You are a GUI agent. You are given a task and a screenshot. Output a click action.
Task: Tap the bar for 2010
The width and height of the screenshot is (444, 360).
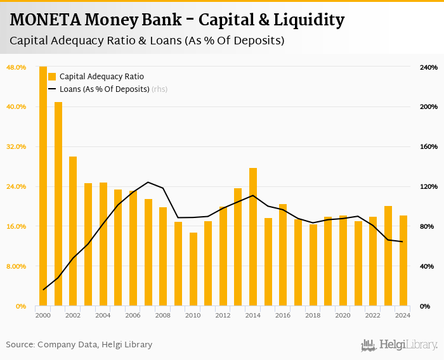click(193, 269)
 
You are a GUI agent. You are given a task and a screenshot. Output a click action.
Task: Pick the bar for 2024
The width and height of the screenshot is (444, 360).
click(403, 260)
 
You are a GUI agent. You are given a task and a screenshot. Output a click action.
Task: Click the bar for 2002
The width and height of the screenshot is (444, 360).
click(73, 231)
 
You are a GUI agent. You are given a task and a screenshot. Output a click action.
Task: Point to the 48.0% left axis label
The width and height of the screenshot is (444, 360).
click(16, 67)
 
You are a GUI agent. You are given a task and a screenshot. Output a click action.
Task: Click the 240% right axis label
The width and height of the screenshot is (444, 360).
click(429, 67)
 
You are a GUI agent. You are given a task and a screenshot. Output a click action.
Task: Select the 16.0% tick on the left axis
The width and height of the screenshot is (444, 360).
click(16, 226)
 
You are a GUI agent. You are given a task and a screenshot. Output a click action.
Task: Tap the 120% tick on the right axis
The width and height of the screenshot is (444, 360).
click(429, 186)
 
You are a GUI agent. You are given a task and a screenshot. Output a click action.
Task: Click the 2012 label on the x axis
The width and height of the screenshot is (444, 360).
click(223, 315)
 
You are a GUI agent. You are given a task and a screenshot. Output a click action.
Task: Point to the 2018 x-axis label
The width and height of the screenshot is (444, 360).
click(313, 315)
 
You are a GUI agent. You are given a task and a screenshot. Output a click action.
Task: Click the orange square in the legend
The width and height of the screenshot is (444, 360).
click(52, 77)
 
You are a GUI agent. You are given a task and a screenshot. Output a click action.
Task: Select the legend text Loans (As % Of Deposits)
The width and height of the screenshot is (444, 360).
click(104, 89)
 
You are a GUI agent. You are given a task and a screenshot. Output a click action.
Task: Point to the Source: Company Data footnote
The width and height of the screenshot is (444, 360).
click(79, 345)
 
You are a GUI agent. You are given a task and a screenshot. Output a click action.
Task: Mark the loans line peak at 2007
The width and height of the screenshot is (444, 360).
click(148, 182)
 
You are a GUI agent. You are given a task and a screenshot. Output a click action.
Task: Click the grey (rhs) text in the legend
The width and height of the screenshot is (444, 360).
click(160, 89)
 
